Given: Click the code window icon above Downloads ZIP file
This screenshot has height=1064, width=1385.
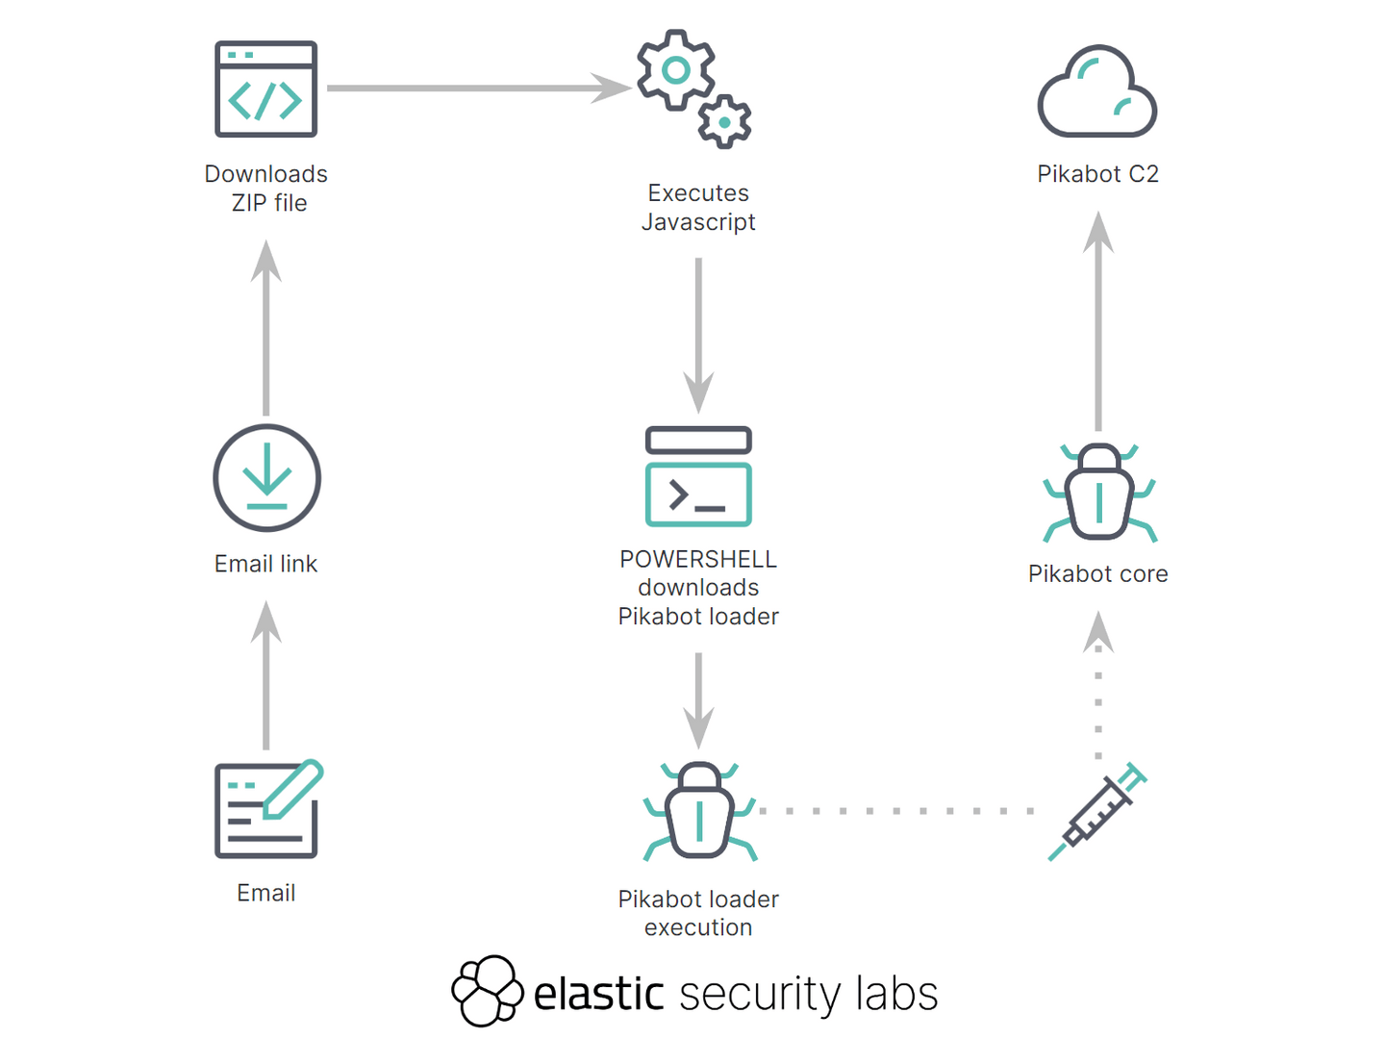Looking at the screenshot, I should point(266,89).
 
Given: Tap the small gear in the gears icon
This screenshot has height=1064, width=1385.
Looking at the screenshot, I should point(724,122).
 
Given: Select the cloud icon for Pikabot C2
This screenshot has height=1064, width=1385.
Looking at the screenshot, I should point(1097,92).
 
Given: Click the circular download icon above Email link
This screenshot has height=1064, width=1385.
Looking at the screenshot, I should point(266,478).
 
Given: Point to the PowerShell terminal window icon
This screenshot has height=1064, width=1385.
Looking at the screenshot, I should point(698,477).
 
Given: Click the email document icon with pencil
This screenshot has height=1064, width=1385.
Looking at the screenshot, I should point(267,810).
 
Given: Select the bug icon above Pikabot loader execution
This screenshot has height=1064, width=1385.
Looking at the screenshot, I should point(699,811).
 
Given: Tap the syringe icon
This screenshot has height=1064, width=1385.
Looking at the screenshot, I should point(1097,811).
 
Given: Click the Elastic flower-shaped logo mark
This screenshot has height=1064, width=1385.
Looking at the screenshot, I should point(488,991).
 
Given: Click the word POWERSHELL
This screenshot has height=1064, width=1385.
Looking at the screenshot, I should point(698,559).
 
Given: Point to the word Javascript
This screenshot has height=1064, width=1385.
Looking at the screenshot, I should point(698,222).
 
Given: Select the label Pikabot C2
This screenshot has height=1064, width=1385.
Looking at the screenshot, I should point(1097,174).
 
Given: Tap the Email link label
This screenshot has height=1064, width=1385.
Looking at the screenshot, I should point(266,564).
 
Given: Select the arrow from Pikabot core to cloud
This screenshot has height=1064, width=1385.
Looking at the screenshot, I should point(1098,322).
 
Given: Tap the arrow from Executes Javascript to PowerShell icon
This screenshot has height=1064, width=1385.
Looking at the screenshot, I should point(698,332).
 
